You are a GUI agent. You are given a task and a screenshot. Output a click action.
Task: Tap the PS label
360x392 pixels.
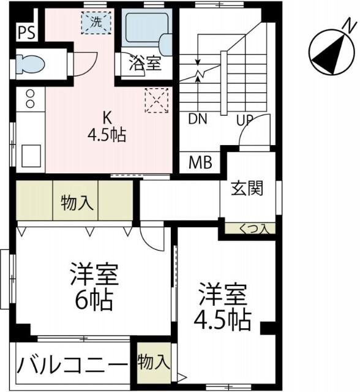(25, 32)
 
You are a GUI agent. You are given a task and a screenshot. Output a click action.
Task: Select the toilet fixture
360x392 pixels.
(30, 63)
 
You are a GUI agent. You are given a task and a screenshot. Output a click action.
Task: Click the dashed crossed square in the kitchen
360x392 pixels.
(156, 100)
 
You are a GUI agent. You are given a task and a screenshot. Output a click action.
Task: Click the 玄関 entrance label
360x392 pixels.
(247, 188)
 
